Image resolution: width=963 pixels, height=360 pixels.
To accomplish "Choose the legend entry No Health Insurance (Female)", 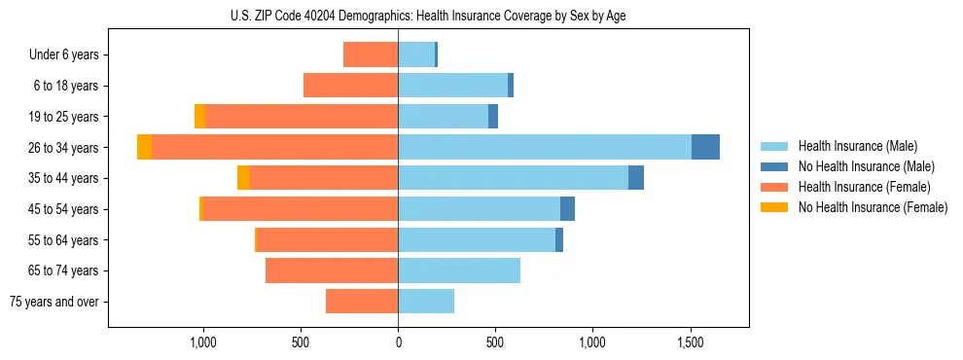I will pyautogui.click(x=873, y=207).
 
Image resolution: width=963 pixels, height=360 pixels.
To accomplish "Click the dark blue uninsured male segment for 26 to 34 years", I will pyautogui.click(x=705, y=147).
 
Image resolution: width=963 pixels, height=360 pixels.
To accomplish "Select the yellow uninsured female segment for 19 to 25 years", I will pyautogui.click(x=199, y=117).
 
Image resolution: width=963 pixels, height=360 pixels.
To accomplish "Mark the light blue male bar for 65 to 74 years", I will pyautogui.click(x=459, y=270).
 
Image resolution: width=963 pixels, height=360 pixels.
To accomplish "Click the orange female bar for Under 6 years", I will pyautogui.click(x=371, y=55).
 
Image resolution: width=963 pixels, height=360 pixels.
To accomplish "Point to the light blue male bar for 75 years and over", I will pyautogui.click(x=426, y=302).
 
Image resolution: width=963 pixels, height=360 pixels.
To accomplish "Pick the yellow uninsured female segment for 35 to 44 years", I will pyautogui.click(x=243, y=178).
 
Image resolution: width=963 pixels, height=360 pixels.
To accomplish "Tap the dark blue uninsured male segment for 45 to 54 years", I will pyautogui.click(x=567, y=209).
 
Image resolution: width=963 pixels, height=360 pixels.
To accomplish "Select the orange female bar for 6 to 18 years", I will pyautogui.click(x=350, y=86).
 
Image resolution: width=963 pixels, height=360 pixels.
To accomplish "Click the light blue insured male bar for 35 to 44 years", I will pyautogui.click(x=513, y=178).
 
